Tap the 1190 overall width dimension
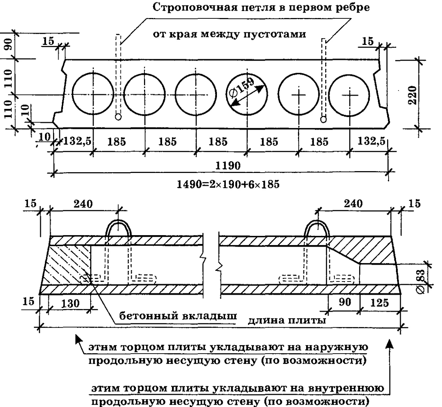[228, 165]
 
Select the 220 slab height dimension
[413, 95]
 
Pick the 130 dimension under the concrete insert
[70, 303]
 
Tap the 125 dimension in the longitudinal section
[380, 302]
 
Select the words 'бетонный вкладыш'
[177, 316]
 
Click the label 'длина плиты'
[287, 320]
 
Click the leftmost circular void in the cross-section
[93, 95]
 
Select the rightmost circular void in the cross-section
[350, 95]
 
